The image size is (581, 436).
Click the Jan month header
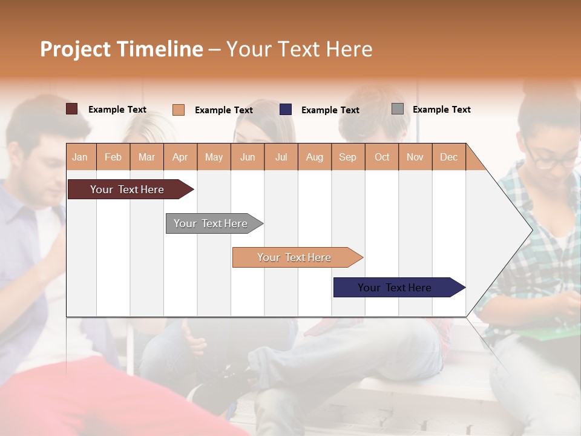pyautogui.click(x=80, y=157)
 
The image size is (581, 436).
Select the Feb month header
pyautogui.click(x=113, y=157)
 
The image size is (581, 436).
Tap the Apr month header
pyautogui.click(x=180, y=157)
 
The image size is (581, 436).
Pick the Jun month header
pyautogui.click(x=248, y=157)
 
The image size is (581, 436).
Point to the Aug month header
pyautogui.click(x=315, y=157)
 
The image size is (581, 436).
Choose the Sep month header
pyautogui.click(x=348, y=157)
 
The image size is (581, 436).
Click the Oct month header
pyautogui.click(x=382, y=157)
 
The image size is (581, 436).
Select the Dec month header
pyautogui.click(x=449, y=157)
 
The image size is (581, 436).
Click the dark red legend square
pyautogui.click(x=72, y=109)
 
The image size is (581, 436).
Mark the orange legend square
pyautogui.click(x=179, y=110)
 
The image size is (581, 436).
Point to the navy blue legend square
pyautogui.click(x=286, y=110)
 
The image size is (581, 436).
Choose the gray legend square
pyautogui.click(x=398, y=109)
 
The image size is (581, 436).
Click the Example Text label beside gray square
pyautogui.click(x=441, y=110)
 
